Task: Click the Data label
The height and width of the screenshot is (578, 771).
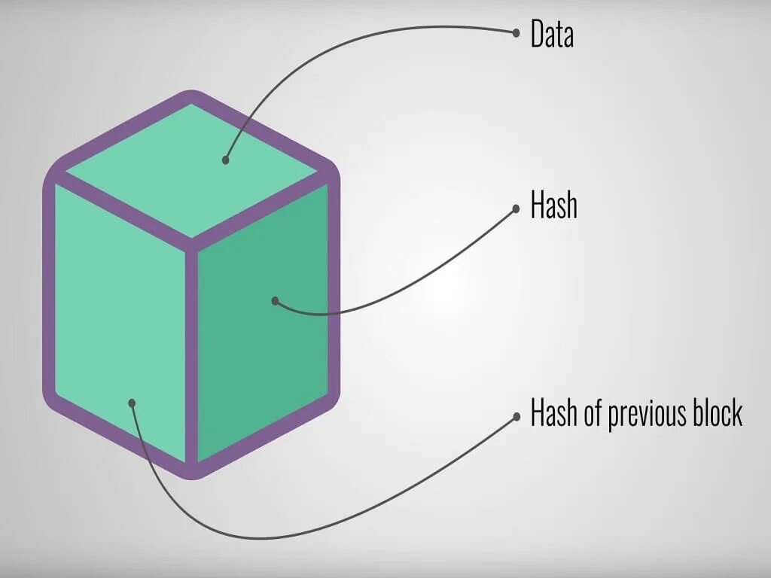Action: pyautogui.click(x=552, y=35)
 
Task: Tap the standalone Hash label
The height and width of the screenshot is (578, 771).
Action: pyautogui.click(x=553, y=205)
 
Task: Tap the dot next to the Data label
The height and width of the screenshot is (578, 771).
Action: pyautogui.click(x=516, y=32)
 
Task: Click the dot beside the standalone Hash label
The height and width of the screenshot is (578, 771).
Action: pyautogui.click(x=516, y=208)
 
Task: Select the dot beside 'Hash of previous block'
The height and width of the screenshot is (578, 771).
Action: pyautogui.click(x=516, y=416)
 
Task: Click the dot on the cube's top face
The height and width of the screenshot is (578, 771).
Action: pyautogui.click(x=225, y=160)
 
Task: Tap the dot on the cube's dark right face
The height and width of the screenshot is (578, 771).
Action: pyautogui.click(x=276, y=301)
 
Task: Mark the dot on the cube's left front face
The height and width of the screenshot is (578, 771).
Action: pyautogui.click(x=132, y=403)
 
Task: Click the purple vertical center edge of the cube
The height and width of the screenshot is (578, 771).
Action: pyautogui.click(x=191, y=354)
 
